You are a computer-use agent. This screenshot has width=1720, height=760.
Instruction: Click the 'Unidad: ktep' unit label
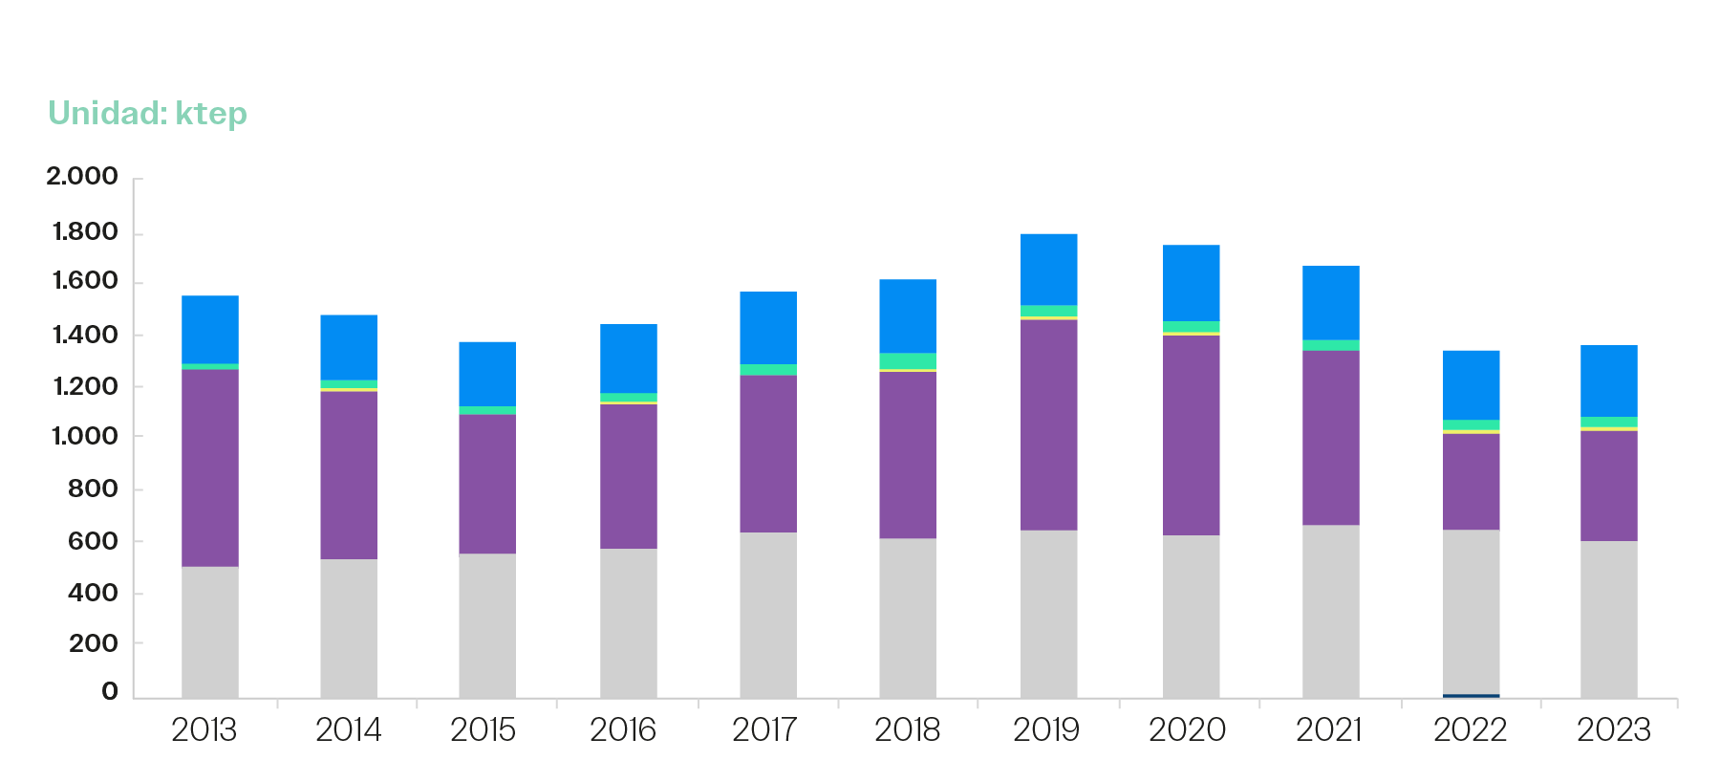tap(148, 114)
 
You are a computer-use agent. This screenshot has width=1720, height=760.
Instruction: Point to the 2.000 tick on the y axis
tap(82, 176)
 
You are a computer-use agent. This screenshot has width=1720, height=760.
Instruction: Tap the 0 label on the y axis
tap(110, 691)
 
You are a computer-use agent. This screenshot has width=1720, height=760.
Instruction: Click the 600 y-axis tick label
tap(93, 541)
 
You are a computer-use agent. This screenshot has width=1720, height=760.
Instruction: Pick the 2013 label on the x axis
tap(204, 730)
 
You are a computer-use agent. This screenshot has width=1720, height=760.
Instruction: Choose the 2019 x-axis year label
tap(1046, 730)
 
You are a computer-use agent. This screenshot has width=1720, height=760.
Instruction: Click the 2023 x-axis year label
tap(1613, 730)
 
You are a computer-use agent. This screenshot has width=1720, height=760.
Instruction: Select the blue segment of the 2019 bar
tap(1048, 269)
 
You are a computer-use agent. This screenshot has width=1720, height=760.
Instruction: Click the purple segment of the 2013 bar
tap(210, 467)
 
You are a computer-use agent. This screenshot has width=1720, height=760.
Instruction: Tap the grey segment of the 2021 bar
tap(1330, 610)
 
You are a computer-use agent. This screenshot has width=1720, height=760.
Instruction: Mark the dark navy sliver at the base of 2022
tap(1471, 695)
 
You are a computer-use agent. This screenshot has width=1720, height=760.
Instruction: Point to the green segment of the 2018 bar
tap(907, 360)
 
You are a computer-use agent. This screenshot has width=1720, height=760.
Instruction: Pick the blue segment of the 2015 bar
tap(486, 373)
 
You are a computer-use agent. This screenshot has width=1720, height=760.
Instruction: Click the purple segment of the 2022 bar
tap(1471, 481)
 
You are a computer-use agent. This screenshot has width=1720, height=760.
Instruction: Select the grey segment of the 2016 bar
tap(628, 621)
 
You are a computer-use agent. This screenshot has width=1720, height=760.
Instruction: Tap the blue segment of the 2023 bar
tap(1608, 380)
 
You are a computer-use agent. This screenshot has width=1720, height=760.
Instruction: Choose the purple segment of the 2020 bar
tap(1191, 435)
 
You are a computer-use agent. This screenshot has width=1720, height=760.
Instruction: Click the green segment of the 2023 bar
tap(1608, 422)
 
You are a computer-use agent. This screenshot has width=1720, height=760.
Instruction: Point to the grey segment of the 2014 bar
tap(348, 627)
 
